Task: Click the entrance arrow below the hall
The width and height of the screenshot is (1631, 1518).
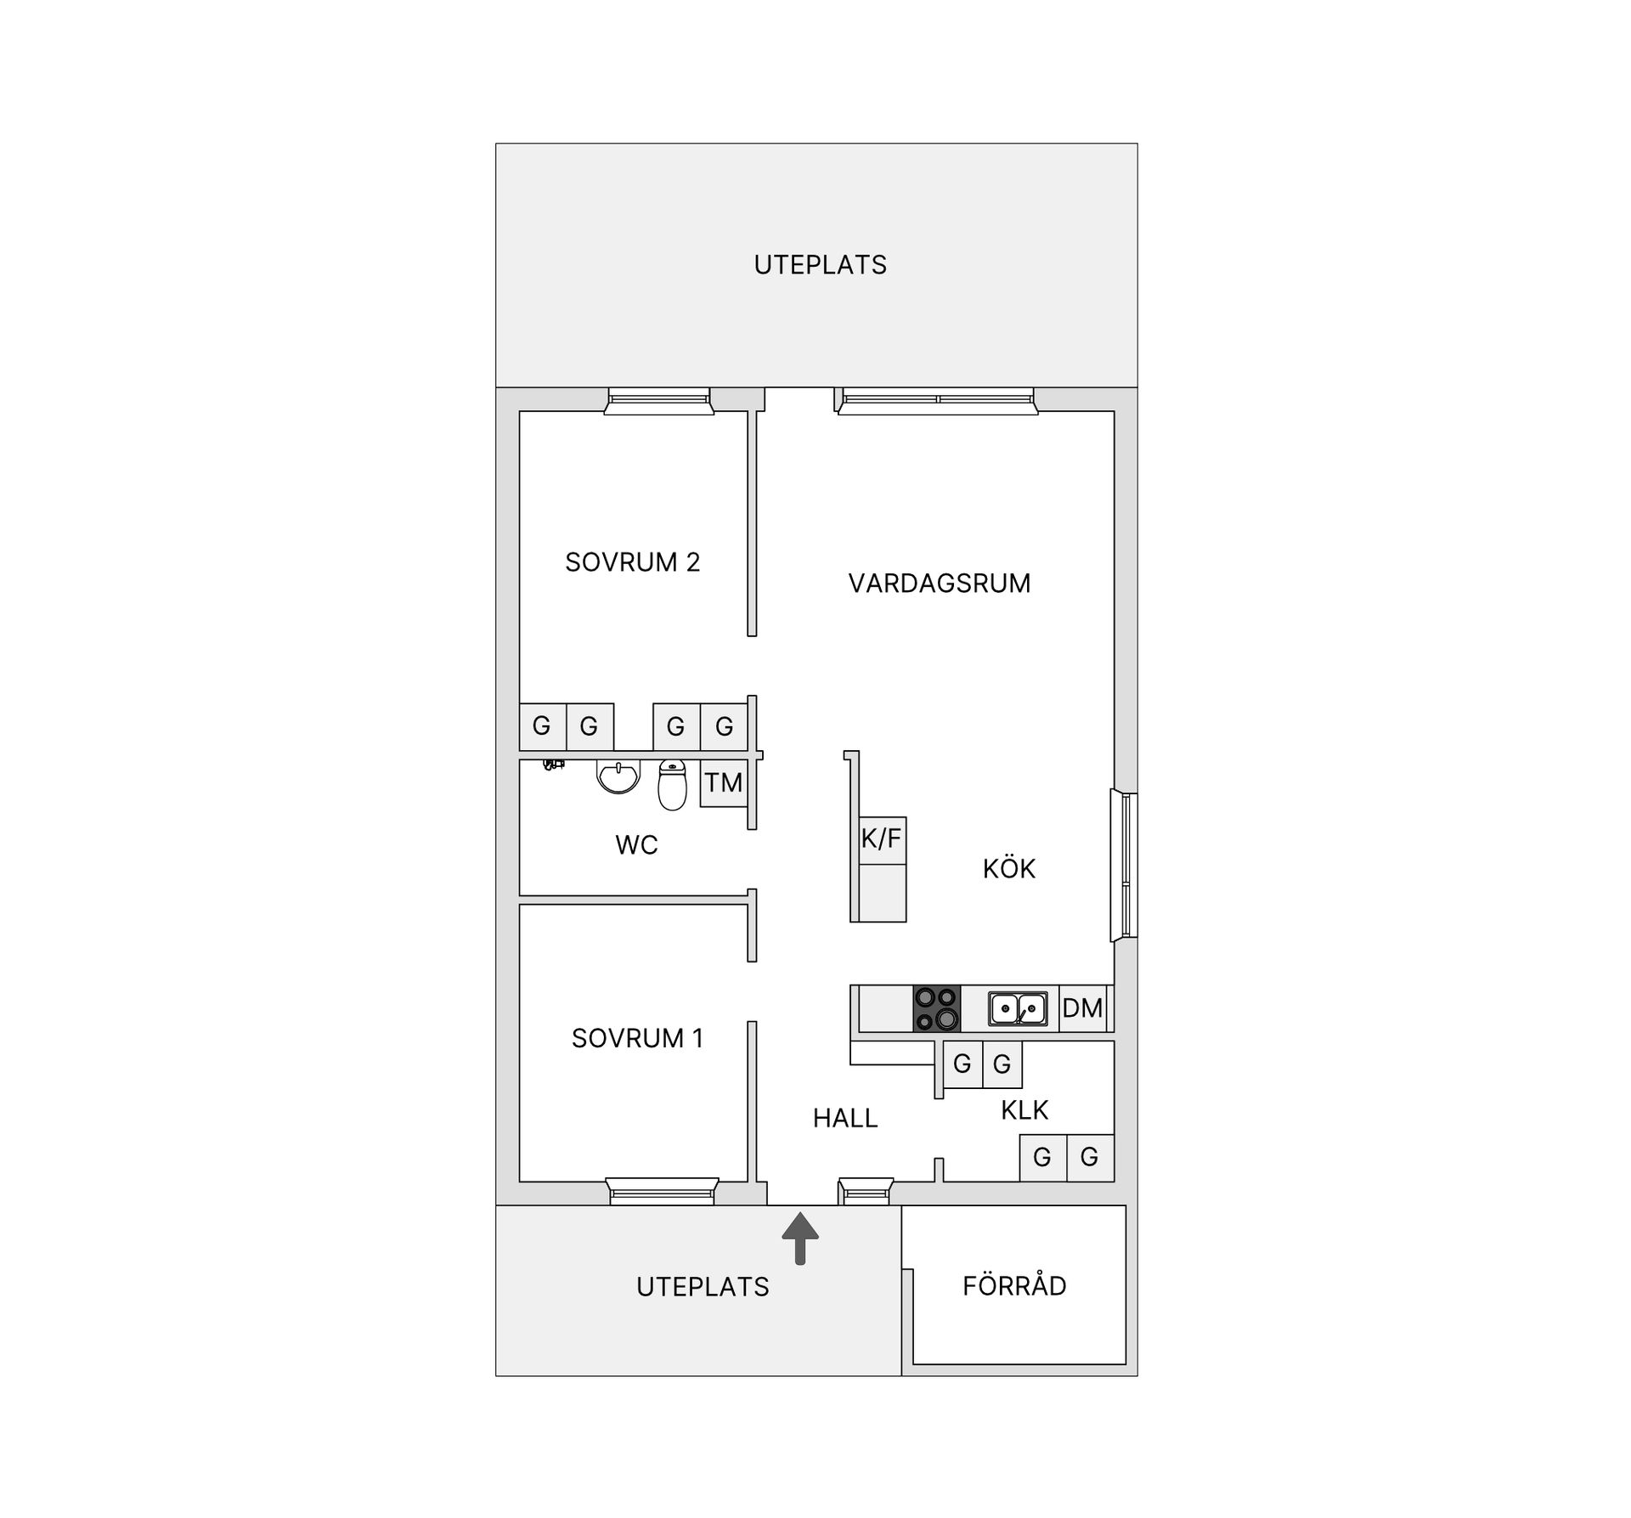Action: click(799, 1239)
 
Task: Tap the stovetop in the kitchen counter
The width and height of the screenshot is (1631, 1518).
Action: click(936, 1008)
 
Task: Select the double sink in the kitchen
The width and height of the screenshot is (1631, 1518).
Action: click(1017, 1008)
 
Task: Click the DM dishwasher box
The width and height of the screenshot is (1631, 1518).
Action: click(1082, 1008)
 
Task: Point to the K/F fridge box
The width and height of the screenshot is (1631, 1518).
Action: click(881, 839)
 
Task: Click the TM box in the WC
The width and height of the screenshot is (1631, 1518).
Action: click(723, 782)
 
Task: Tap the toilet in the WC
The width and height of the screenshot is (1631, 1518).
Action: click(672, 785)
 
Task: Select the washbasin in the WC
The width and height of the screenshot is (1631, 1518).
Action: click(618, 776)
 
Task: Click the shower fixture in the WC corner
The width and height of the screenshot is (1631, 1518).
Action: click(554, 765)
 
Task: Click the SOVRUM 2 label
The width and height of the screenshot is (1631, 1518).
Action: click(632, 562)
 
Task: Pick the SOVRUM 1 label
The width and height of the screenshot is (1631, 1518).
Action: click(637, 1038)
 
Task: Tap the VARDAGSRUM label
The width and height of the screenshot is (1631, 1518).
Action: click(939, 584)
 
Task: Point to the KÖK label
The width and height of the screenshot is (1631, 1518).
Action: click(1009, 869)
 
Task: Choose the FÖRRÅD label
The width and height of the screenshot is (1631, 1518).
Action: click(1014, 1286)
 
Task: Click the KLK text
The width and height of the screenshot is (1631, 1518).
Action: click(1024, 1110)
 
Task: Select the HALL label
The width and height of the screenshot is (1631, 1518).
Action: click(844, 1119)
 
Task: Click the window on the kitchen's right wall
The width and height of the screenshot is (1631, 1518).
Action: click(1125, 866)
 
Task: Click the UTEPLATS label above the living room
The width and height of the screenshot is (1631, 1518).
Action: click(820, 265)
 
